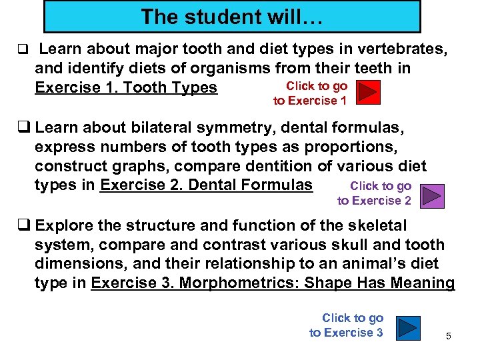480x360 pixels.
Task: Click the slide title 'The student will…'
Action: (x=232, y=17)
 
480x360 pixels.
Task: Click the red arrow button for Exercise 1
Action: (x=367, y=93)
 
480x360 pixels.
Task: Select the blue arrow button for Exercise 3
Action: (x=406, y=327)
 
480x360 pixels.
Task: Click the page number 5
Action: (x=449, y=336)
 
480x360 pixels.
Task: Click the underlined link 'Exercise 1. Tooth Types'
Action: (x=126, y=88)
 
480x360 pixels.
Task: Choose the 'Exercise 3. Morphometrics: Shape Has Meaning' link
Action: (x=273, y=283)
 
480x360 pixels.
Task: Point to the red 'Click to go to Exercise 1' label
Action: (x=311, y=93)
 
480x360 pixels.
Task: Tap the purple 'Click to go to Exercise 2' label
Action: (x=375, y=193)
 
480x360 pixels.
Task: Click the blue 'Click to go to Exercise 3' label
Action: (x=347, y=325)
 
